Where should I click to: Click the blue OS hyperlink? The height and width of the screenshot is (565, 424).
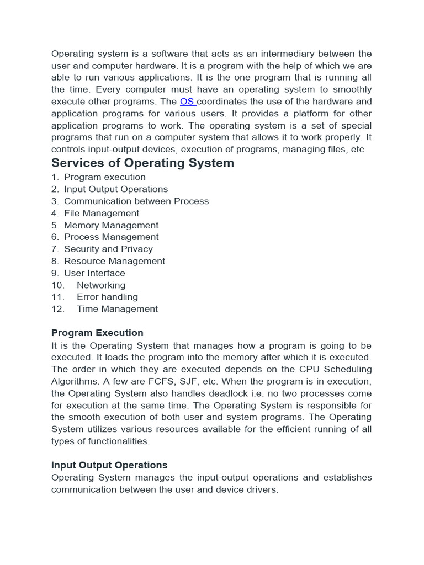pyautogui.click(x=187, y=102)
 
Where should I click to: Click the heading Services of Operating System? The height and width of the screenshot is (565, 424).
pyautogui.click(x=142, y=163)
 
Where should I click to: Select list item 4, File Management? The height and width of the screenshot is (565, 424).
pyautogui.click(x=102, y=213)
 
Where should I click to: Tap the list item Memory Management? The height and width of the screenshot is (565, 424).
pyautogui.click(x=111, y=225)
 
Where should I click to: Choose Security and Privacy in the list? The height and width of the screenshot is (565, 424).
pyautogui.click(x=108, y=249)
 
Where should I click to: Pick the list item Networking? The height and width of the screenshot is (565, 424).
pyautogui.click(x=101, y=285)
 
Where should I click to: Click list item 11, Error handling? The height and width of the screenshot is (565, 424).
pyautogui.click(x=107, y=297)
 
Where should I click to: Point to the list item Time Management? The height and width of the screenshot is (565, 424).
pyautogui.click(x=117, y=309)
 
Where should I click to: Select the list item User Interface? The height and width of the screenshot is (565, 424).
pyautogui.click(x=94, y=273)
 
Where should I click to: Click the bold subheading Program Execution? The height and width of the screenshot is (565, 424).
pyautogui.click(x=97, y=333)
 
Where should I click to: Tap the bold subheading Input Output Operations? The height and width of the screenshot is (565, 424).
pyautogui.click(x=109, y=465)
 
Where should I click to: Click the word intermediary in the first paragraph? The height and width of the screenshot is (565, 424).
pyautogui.click(x=283, y=54)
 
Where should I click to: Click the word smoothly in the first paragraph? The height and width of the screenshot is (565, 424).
pyautogui.click(x=352, y=89)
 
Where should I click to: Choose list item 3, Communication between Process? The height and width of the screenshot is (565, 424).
pyautogui.click(x=136, y=201)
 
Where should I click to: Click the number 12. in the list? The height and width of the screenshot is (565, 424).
pyautogui.click(x=58, y=309)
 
